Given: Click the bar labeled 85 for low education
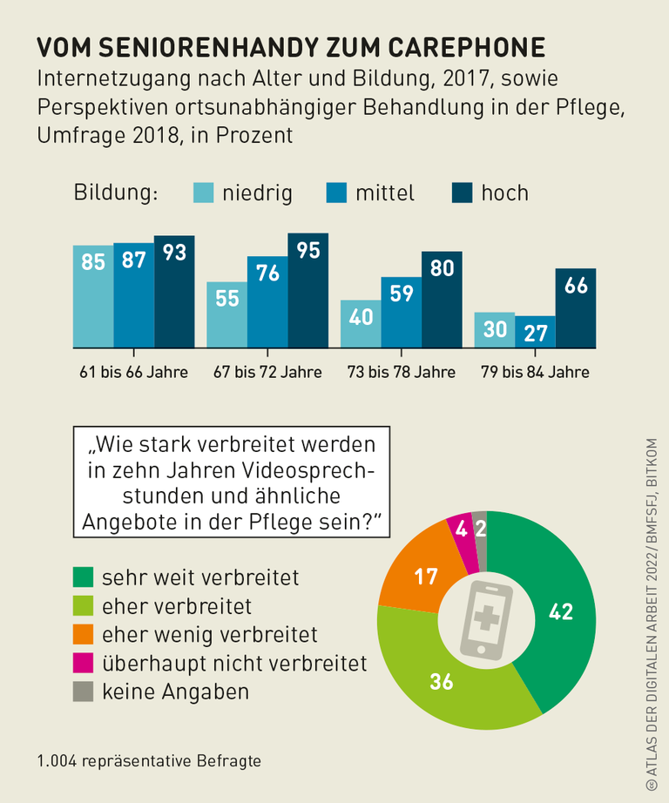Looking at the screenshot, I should tap(92, 296).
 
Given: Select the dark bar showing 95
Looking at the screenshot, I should tap(307, 291).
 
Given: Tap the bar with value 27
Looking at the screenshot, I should tap(535, 332).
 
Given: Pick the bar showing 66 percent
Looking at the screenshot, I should tap(576, 308).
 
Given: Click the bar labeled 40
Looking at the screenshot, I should tap(361, 324).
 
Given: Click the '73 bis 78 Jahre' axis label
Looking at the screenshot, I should tap(401, 372).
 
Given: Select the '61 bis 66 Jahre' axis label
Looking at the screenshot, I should tap(133, 372).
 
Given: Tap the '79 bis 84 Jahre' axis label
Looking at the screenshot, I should tap(535, 372).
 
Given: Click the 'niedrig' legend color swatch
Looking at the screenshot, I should tap(202, 192).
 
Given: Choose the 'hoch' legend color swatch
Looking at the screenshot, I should tap(461, 192).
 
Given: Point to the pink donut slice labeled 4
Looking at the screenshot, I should tap(462, 530).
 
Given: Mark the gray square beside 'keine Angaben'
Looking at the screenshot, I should tap(83, 692).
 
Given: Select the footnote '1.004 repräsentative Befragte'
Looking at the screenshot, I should tap(149, 760).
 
